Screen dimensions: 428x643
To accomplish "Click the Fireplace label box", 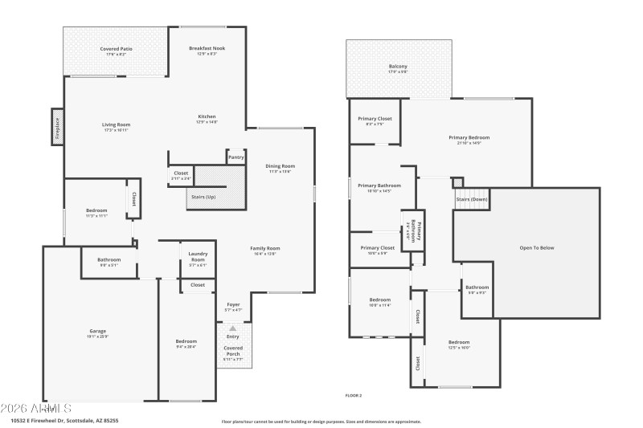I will tap(57, 126).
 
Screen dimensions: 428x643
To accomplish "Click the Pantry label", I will tap(235, 157).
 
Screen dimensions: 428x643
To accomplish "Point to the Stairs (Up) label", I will tap(203, 197).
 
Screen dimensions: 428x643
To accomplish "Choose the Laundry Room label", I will tap(198, 257).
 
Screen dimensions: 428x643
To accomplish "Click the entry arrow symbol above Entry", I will tap(233, 328).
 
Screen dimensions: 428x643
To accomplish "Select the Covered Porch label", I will tap(232, 351).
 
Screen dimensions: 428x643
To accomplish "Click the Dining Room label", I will tap(281, 168).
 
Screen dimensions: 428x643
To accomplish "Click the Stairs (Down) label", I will tap(472, 198).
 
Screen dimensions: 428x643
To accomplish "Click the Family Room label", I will tap(264, 251).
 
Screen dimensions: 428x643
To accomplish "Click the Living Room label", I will tap(116, 127).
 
